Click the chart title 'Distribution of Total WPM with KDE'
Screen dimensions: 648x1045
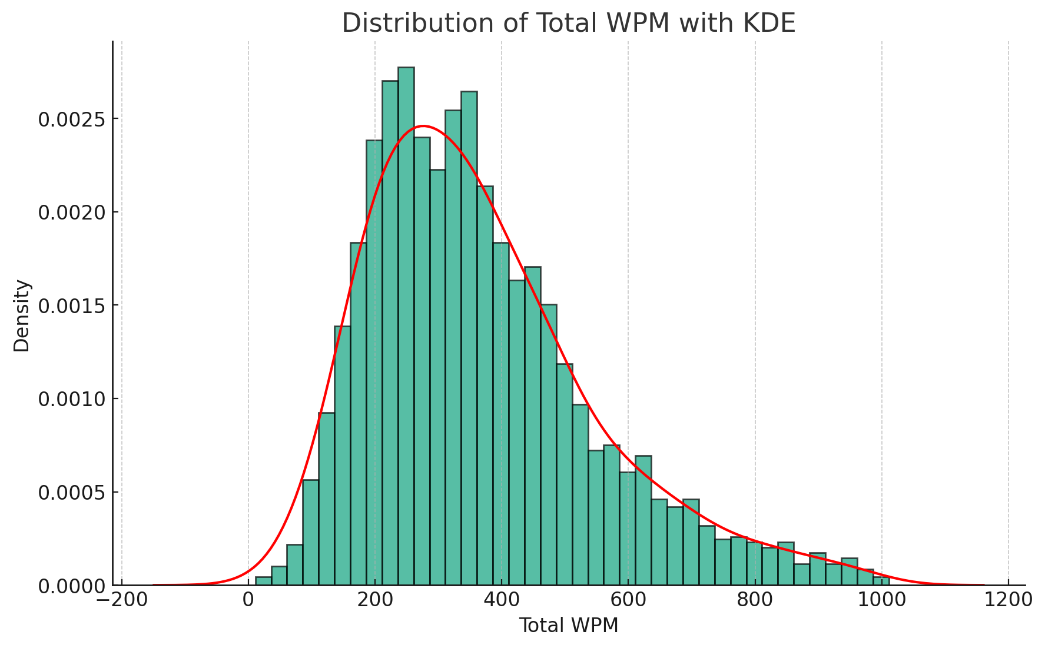coord(568,24)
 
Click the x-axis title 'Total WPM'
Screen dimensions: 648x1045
coord(568,626)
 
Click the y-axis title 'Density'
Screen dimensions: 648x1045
coord(22,315)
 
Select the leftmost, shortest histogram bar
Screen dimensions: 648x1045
coord(263,581)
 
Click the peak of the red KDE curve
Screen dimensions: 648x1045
coord(423,126)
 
